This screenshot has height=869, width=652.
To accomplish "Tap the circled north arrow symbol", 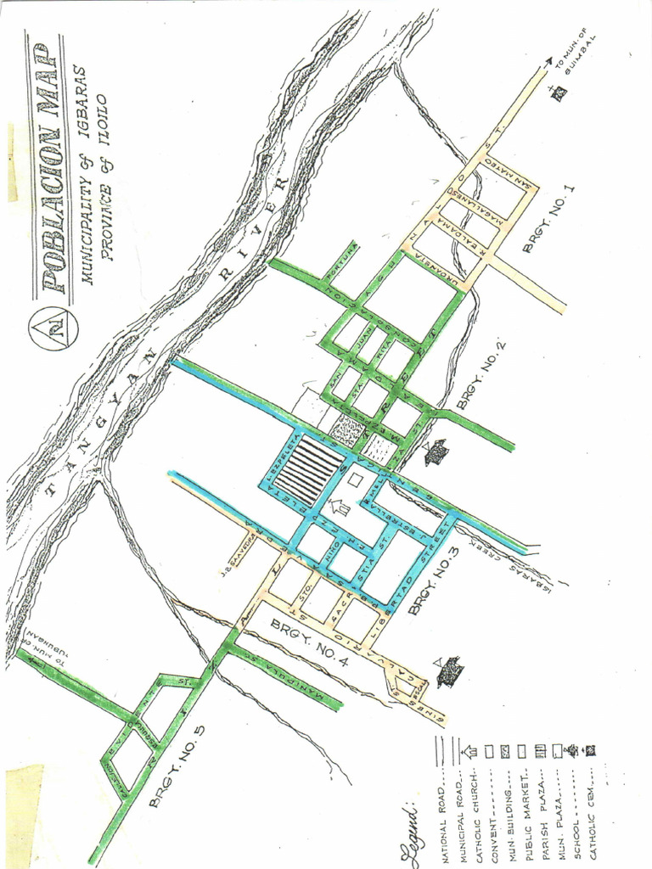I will pos(53,327).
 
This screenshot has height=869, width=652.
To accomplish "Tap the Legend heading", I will pos(413,835).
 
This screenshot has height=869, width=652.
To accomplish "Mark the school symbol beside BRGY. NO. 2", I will pos(436,452).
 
